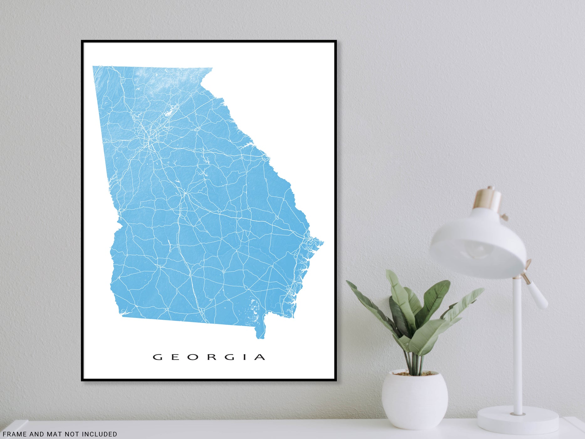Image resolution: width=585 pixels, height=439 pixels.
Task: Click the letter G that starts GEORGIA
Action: [x=157, y=357]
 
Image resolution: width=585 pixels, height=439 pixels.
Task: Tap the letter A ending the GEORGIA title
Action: [x=260, y=357]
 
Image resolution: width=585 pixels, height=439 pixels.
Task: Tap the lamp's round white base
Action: [x=518, y=420]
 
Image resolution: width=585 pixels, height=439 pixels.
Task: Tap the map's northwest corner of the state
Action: [x=94, y=67]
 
